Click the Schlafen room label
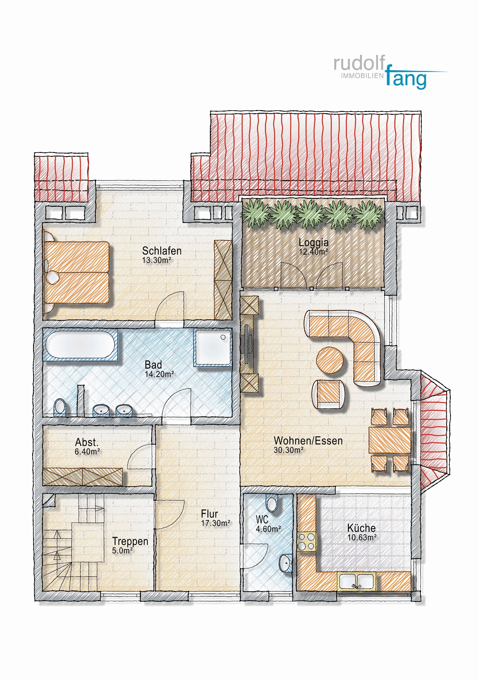pos(162,251)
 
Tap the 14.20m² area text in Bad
pos(159,374)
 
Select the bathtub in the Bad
pos(80,345)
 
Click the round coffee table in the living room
pos(330,360)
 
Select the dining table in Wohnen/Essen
pos(390,440)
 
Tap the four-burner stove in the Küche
pos(306,542)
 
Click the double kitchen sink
pos(356,581)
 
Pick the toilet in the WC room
pos(272,504)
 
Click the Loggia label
pos(313,242)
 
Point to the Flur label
pos(209,514)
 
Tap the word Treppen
pos(130,541)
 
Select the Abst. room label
pos(87,442)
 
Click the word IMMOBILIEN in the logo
pos(362,76)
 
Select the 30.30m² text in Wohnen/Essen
pos(288,450)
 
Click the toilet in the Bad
pos(60,407)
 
